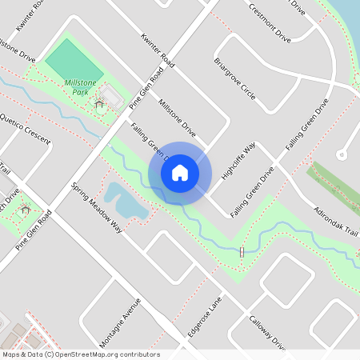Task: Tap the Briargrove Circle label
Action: pyautogui.click(x=235, y=78)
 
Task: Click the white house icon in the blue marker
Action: pyautogui.click(x=180, y=173)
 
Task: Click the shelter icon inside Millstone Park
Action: pyautogui.click(x=99, y=103)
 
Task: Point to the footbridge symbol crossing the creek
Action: pyautogui.click(x=242, y=253)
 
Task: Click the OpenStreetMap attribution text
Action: pyautogui.click(x=80, y=354)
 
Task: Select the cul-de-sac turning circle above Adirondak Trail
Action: pyautogui.click(x=342, y=154)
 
